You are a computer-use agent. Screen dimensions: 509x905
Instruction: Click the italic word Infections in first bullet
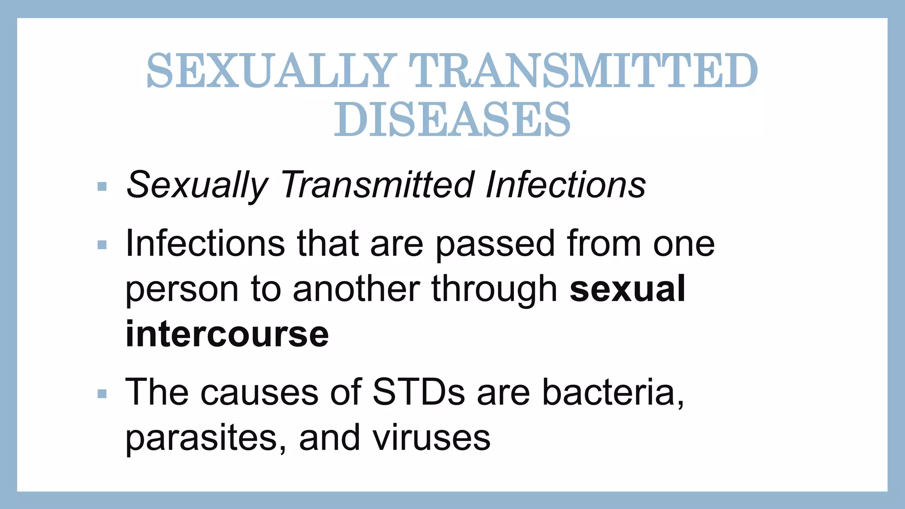565,185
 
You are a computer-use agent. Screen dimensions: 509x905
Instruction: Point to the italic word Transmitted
377,185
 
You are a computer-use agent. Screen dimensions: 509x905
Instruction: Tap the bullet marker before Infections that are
102,245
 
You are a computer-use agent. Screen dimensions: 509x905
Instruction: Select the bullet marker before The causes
102,393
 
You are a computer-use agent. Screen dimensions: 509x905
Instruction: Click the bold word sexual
627,289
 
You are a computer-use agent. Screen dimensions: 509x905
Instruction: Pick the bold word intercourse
227,334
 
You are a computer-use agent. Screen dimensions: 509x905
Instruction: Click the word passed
495,245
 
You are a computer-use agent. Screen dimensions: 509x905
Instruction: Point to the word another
356,289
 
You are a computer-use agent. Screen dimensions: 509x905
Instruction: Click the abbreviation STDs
418,392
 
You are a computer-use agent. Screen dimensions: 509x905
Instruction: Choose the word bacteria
612,392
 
